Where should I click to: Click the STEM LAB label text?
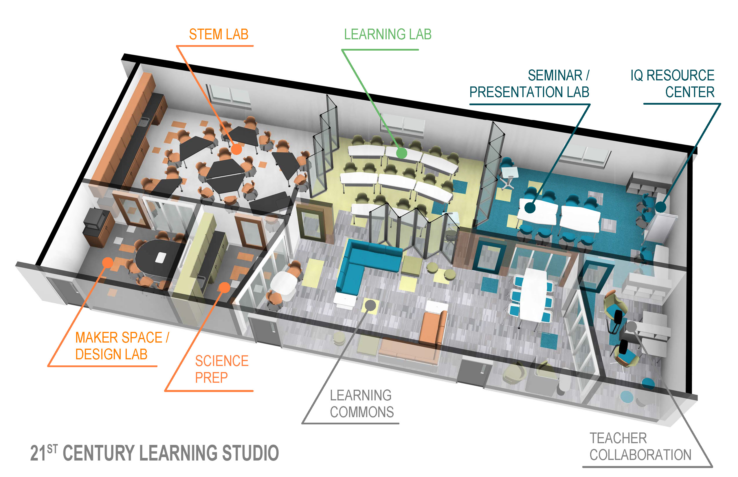point(219,34)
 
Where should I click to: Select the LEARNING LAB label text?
point(388,34)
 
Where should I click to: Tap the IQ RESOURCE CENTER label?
point(672,84)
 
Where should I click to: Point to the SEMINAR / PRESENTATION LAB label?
point(529,84)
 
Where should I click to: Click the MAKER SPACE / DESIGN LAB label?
point(122,346)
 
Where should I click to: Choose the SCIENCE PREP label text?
point(221,369)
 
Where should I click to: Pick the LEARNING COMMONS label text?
point(361,404)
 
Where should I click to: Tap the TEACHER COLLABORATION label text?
point(640,446)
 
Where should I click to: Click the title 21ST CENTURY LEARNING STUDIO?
point(155,453)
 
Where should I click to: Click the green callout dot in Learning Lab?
point(402,153)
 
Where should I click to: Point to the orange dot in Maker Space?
point(108,263)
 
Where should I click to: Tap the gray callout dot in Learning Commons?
point(370,305)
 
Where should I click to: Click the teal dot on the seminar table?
point(530,208)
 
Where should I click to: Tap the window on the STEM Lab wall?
point(230,94)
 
